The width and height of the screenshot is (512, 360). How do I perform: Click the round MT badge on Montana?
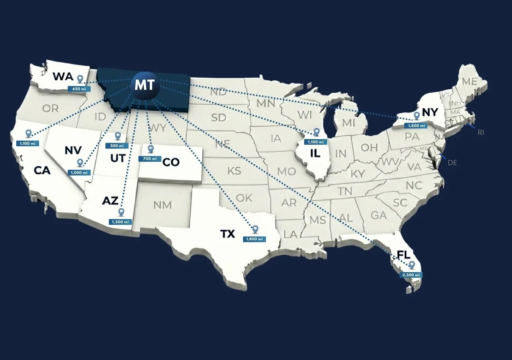144,85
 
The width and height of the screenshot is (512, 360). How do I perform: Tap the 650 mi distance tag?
79,89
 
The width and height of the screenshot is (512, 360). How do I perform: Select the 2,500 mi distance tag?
411,275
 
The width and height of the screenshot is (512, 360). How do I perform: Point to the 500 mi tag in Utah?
117,146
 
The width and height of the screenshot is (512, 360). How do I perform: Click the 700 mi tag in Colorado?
150,159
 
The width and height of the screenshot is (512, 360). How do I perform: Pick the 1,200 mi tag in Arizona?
120,222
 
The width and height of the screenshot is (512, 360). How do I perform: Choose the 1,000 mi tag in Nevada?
79,173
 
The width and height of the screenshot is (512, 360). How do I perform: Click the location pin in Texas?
255,229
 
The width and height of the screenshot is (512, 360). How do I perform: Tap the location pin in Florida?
411,265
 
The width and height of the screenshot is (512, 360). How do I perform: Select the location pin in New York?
417,116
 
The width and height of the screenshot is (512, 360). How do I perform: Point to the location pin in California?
28,133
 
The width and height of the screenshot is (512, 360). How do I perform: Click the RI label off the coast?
481,133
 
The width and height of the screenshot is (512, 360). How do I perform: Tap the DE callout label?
452,163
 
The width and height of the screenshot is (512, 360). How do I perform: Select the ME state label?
470,81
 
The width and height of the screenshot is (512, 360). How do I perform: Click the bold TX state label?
228,234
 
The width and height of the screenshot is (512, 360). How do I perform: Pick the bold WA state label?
63,77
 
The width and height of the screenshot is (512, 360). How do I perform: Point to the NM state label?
162,205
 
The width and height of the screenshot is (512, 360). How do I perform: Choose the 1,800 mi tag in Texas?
254,239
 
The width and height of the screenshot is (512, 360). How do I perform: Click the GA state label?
379,215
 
